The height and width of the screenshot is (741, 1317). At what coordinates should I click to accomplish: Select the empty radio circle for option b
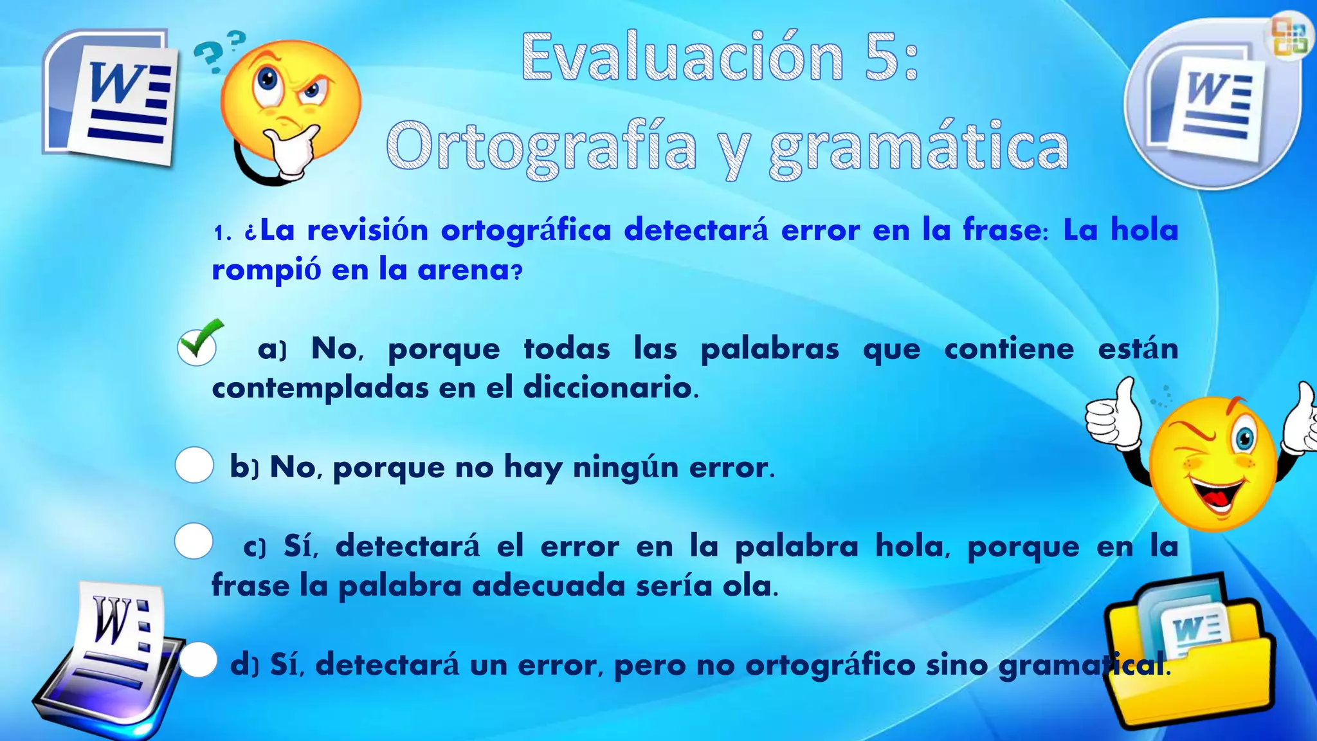click(x=194, y=465)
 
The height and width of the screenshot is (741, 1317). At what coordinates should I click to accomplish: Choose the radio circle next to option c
click(x=194, y=541)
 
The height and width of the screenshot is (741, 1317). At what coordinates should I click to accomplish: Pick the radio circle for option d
click(x=199, y=660)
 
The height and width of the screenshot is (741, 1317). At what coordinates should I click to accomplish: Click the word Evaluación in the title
click(x=682, y=58)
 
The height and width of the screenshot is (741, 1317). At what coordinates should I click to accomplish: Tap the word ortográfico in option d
click(x=830, y=664)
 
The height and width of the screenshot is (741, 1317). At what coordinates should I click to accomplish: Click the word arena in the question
click(x=463, y=270)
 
